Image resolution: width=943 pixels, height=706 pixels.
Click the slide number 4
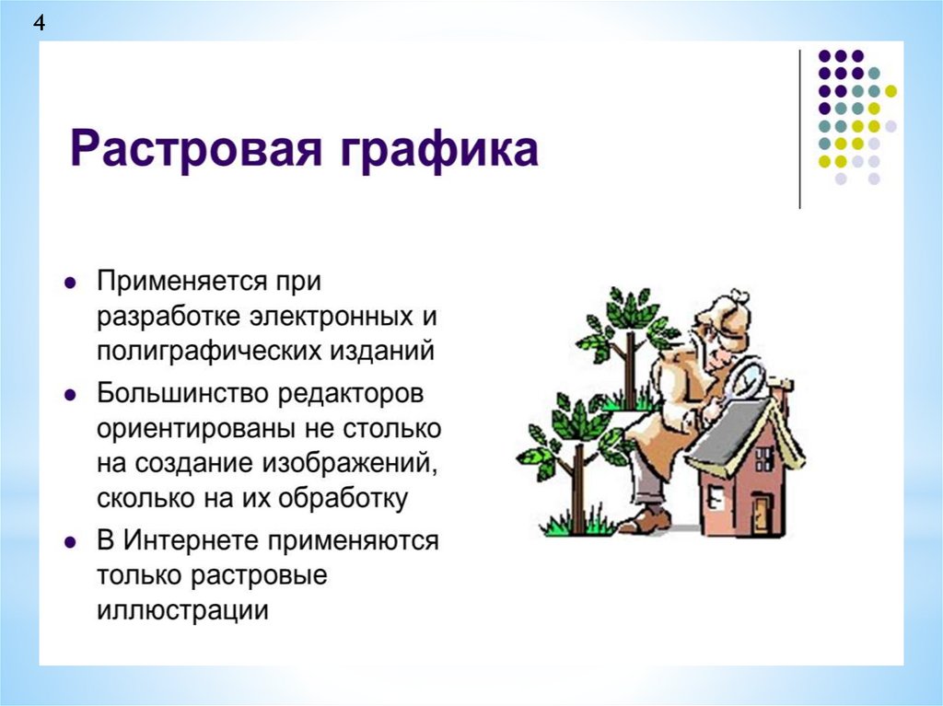point(39,23)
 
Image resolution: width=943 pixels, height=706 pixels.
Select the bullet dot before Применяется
point(71,282)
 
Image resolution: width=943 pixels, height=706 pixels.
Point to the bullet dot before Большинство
point(71,395)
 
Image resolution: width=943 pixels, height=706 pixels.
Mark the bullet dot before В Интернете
point(71,542)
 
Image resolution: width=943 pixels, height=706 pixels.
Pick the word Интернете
point(192,540)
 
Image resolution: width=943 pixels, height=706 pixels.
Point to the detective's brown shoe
point(644,520)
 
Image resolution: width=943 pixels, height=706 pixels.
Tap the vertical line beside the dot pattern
point(800,129)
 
